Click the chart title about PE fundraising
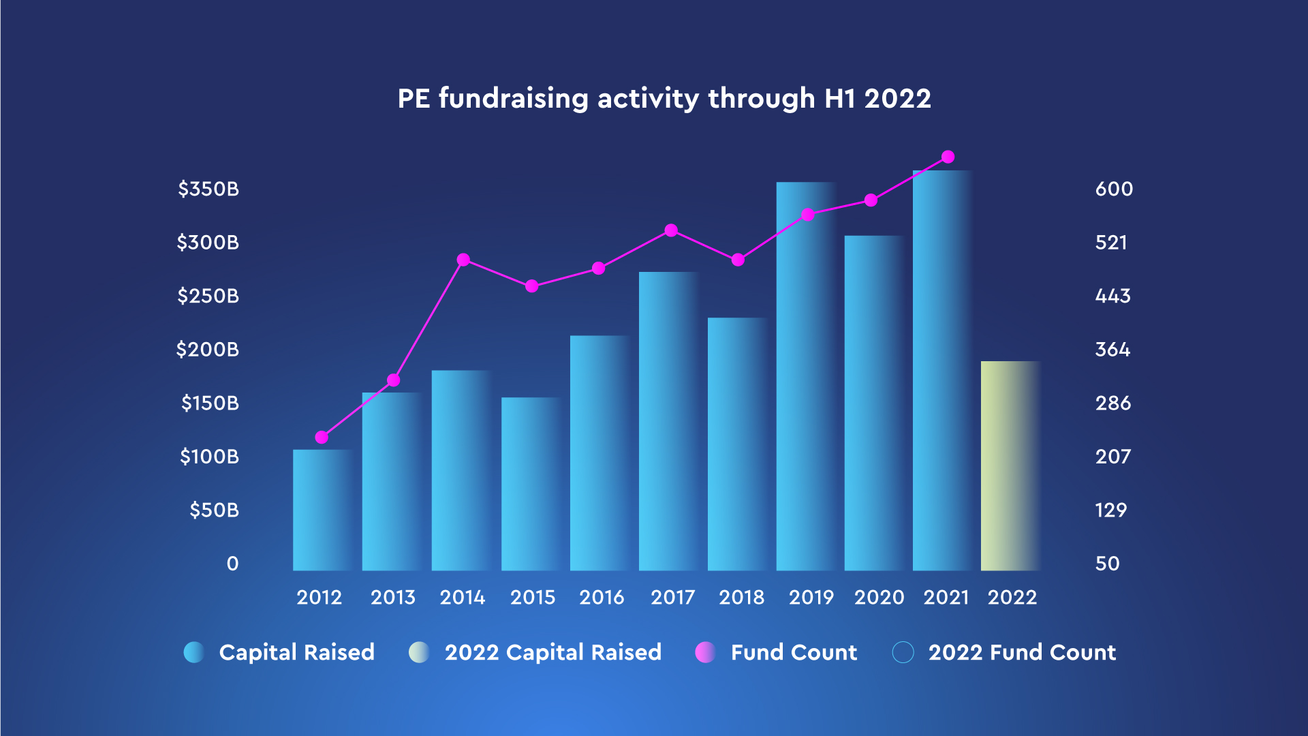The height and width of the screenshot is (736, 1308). (x=664, y=99)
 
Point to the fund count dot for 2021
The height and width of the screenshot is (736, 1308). (x=948, y=157)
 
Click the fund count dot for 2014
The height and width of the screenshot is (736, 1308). (x=463, y=260)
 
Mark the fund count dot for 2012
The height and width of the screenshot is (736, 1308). (x=322, y=438)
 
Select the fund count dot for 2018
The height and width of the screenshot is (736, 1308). (x=738, y=260)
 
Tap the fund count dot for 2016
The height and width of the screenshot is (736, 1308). (x=598, y=269)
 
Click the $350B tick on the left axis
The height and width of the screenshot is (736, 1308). (x=208, y=189)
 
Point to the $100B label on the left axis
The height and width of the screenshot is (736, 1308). (x=209, y=457)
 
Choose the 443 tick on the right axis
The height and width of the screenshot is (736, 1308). (x=1112, y=296)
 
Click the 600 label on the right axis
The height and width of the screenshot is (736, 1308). (x=1114, y=189)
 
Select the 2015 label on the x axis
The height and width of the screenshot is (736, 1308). (x=533, y=598)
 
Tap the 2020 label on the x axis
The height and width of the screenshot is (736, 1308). (x=879, y=598)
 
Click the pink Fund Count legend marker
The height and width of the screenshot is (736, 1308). (x=705, y=652)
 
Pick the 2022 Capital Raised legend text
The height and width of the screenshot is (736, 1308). (x=552, y=652)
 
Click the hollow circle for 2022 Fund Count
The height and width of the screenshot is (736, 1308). (x=903, y=652)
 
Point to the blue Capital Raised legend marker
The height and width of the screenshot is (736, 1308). (x=194, y=652)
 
